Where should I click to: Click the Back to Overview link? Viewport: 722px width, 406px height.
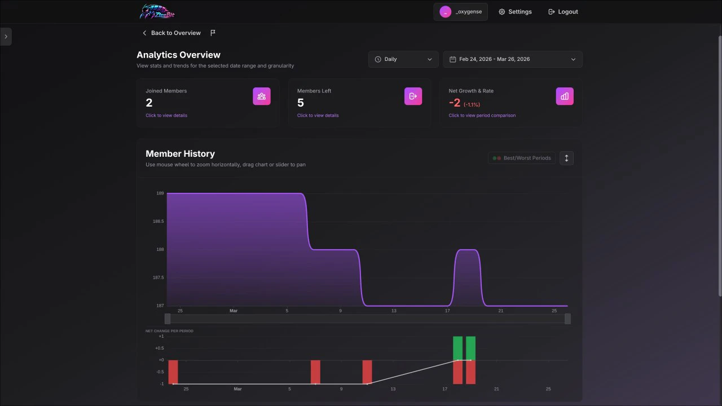point(171,33)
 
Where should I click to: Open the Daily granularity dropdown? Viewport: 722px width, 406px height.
point(403,59)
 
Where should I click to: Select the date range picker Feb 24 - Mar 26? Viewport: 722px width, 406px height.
point(512,59)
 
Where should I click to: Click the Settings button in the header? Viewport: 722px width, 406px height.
point(514,12)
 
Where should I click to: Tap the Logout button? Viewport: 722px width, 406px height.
point(563,12)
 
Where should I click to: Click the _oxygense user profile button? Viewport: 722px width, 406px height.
point(460,12)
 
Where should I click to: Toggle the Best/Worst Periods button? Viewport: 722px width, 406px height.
point(522,158)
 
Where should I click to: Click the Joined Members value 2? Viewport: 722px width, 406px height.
point(149,103)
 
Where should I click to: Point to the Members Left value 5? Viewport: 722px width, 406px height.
point(301,103)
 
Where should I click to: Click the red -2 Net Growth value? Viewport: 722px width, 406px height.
point(455,103)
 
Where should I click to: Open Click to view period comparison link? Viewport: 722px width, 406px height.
point(482,116)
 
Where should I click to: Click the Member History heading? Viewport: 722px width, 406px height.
point(180,154)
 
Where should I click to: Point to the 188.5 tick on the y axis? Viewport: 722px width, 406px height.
point(158,222)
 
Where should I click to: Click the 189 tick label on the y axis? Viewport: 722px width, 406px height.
point(160,193)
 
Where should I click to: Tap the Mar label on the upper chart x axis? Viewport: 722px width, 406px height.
point(234,311)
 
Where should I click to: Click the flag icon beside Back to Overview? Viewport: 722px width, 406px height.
point(213,33)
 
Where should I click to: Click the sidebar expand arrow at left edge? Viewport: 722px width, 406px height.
point(6,37)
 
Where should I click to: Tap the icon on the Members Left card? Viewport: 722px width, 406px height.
point(413,96)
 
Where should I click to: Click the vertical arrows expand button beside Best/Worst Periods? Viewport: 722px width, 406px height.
point(566,158)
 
